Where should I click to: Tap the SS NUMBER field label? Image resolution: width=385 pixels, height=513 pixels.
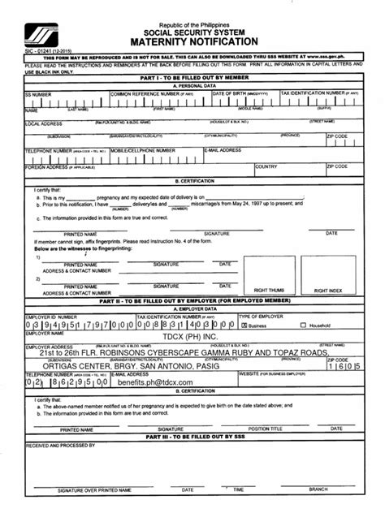[x=41, y=94]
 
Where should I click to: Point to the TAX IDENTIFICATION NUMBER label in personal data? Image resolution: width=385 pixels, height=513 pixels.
[x=317, y=93]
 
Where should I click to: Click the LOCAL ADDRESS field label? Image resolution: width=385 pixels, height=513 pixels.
[x=45, y=123]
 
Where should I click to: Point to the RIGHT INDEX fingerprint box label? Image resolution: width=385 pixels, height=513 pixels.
[x=328, y=290]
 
